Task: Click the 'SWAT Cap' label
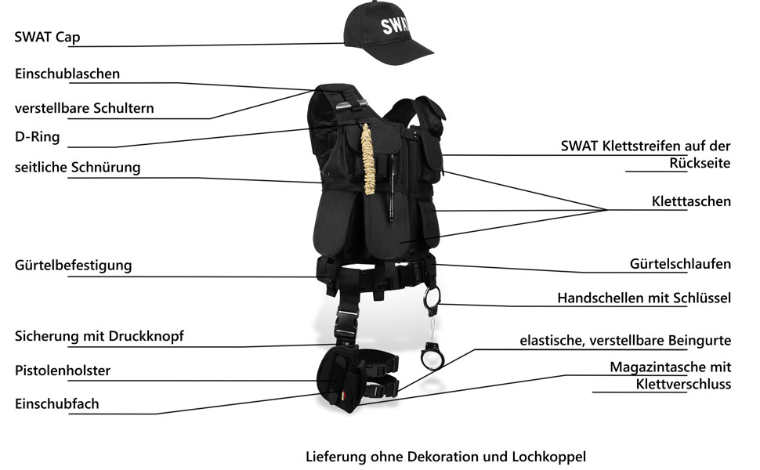(47, 37)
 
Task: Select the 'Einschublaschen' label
(67, 74)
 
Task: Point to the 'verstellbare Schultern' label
(84, 107)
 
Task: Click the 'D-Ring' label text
(37, 137)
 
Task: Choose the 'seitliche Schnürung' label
(78, 167)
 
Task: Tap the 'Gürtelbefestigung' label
(73, 265)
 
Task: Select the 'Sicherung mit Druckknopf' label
(99, 336)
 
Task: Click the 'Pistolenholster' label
(63, 370)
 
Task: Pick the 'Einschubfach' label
(56, 404)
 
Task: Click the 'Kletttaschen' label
(691, 201)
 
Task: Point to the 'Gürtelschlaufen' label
(680, 264)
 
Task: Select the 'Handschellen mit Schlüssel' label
(644, 298)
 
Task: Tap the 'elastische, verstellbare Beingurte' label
(625, 341)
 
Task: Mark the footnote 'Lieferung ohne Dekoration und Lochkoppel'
(446, 456)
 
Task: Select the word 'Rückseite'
(700, 163)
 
